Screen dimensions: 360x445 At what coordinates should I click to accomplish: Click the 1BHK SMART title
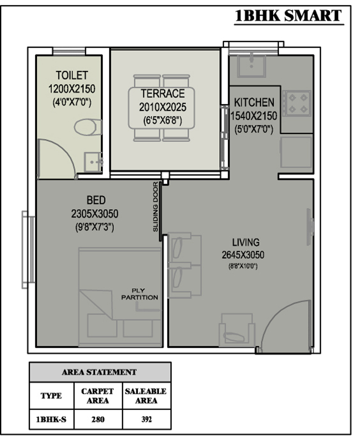[x=288, y=16]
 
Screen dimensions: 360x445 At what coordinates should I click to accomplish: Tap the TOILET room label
[x=72, y=76]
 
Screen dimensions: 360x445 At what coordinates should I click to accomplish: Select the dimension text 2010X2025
[x=163, y=107]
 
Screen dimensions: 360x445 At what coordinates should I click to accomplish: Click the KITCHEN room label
[x=254, y=102]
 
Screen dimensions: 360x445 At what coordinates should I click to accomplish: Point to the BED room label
[x=96, y=200]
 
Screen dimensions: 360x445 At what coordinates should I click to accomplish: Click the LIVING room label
[x=246, y=243]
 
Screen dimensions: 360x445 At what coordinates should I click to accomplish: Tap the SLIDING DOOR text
[x=155, y=207]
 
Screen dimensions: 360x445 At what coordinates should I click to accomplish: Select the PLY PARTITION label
[x=139, y=294]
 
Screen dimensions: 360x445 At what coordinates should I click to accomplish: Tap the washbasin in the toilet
[x=93, y=162]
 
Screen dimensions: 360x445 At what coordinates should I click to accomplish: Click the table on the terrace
[x=162, y=108]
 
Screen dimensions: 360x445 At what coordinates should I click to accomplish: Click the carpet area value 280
[x=98, y=419]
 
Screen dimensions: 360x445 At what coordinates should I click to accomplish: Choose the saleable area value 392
[x=147, y=419]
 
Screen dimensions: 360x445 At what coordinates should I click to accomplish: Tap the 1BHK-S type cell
[x=51, y=419]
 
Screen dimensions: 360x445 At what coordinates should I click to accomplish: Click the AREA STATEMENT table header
[x=99, y=372]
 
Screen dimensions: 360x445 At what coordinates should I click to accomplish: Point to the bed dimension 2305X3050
[x=94, y=214]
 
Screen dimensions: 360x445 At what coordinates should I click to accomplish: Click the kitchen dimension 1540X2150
[x=254, y=116]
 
